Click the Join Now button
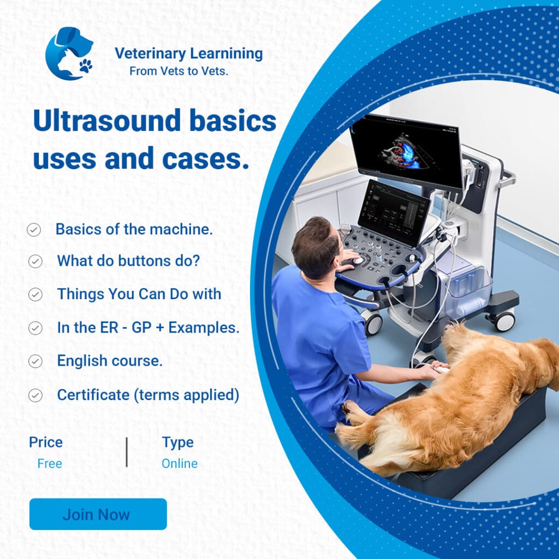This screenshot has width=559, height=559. (x=98, y=514)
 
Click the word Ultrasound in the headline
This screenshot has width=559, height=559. (x=107, y=121)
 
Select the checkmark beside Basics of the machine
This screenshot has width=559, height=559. (x=34, y=230)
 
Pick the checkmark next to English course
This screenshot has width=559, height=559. (x=35, y=361)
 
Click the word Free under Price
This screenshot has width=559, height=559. (x=50, y=463)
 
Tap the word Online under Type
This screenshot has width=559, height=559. (x=179, y=463)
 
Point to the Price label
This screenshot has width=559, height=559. (x=46, y=442)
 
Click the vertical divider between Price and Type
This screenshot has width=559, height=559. (x=127, y=452)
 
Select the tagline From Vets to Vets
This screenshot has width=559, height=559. (x=179, y=72)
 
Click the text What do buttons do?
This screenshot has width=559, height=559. (x=128, y=261)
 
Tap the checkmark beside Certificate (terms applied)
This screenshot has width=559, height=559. (x=35, y=395)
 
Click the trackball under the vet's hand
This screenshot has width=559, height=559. (x=358, y=260)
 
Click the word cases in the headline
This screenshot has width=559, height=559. (x=205, y=159)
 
